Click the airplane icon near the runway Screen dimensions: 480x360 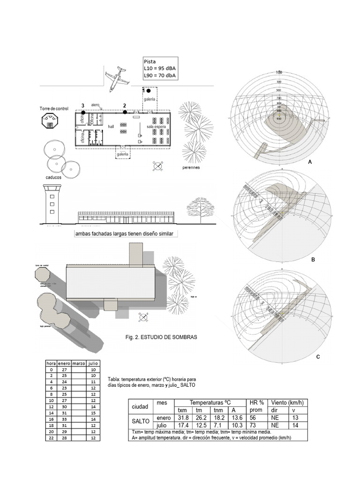coord(116,79)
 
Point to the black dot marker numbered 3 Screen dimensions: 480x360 coord(83,112)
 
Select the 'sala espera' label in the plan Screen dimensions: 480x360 coord(156,127)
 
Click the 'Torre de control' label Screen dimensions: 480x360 coord(54,108)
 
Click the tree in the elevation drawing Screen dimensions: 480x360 coord(200,209)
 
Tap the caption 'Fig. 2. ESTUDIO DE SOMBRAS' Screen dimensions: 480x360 coord(162,337)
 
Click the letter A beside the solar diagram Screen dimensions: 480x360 coord(310,161)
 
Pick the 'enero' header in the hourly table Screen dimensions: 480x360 coord(64,363)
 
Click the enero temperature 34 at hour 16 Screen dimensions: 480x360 coord(64,419)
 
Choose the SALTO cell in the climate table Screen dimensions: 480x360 coord(141,420)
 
